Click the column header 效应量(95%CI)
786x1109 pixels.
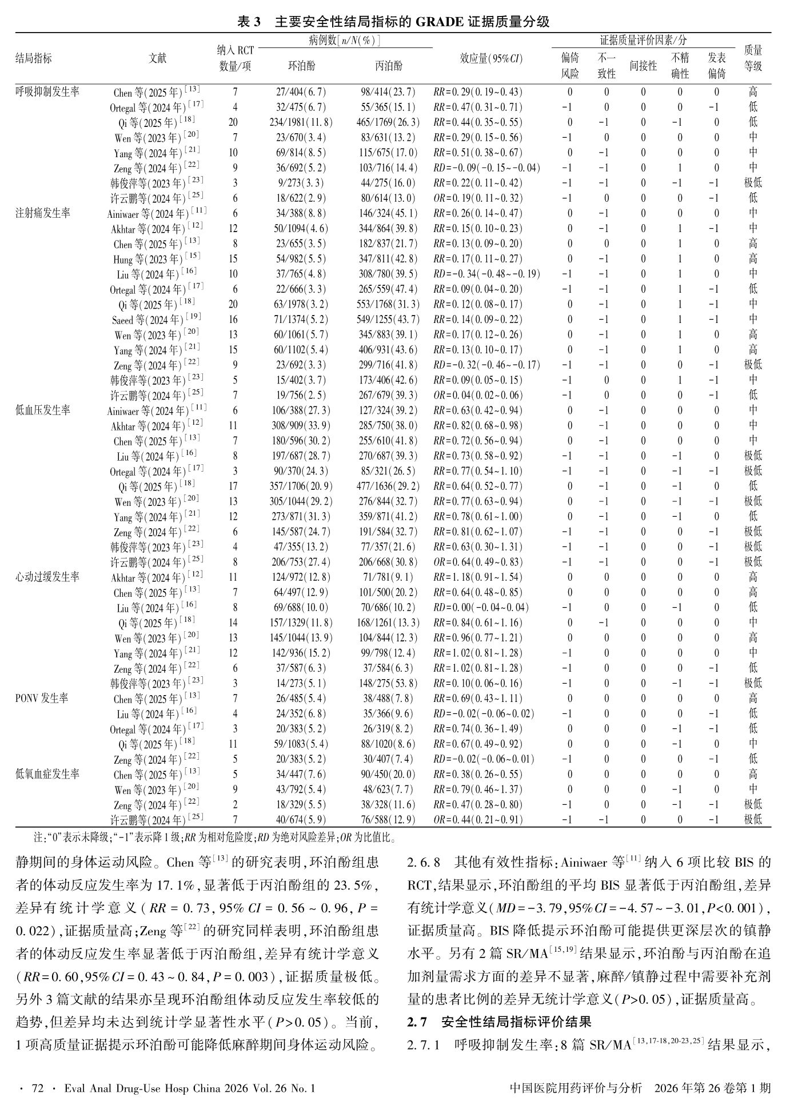click(x=491, y=58)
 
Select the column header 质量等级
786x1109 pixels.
click(x=753, y=58)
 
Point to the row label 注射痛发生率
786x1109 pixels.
click(x=43, y=213)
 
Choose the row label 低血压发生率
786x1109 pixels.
click(x=43, y=410)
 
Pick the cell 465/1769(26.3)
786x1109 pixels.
click(x=388, y=122)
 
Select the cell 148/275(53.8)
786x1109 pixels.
click(x=388, y=684)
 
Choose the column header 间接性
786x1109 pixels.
click(x=643, y=66)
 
